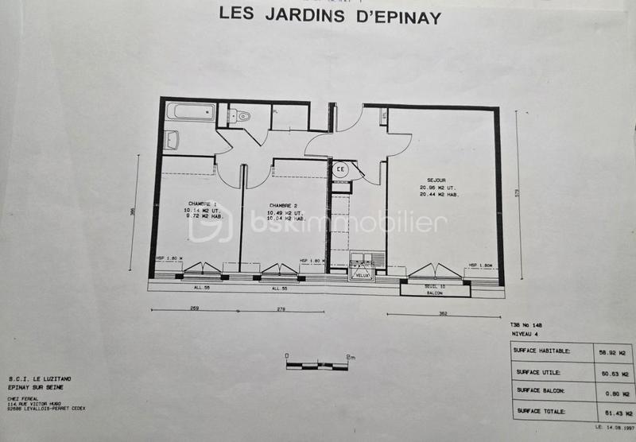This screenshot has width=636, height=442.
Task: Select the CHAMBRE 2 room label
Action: pyautogui.click(x=283, y=203)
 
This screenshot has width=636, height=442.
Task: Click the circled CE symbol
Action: pyautogui.click(x=340, y=169)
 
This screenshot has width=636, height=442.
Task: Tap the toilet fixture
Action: pyautogui.click(x=242, y=116)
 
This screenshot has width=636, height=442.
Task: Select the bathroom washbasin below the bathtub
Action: pyautogui.click(x=172, y=140)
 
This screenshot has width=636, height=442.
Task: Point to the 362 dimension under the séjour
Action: pyautogui.click(x=443, y=313)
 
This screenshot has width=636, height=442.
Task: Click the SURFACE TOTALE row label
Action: pyautogui.click(x=541, y=411)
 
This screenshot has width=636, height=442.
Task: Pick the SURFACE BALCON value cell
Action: pyautogui.click(x=615, y=392)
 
